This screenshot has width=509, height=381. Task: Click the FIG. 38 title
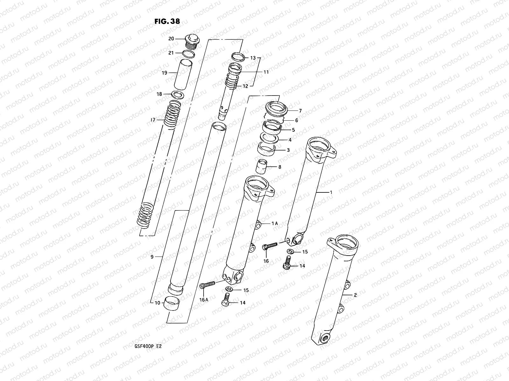point(167,22)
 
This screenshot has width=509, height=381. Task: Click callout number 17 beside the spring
point(153,120)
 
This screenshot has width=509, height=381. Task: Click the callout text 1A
point(275,224)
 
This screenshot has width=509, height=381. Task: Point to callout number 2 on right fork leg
point(355,295)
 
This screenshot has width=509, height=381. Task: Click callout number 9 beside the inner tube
point(152,257)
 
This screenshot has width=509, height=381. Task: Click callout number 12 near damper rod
point(246,86)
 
